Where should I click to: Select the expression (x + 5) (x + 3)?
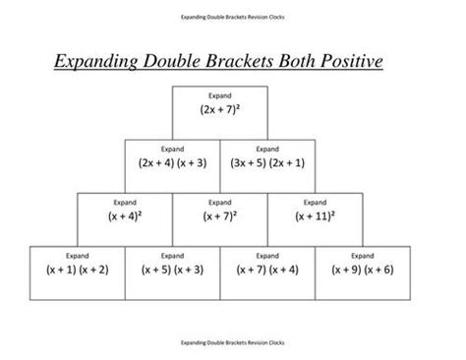coord(171,268)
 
